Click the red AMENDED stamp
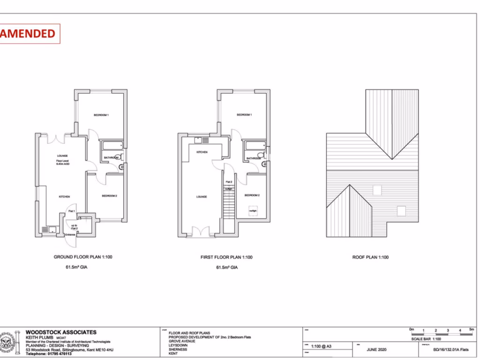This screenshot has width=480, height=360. coord(29,34)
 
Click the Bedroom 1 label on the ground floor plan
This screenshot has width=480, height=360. coord(101,115)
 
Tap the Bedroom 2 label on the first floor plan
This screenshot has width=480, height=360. coord(252,195)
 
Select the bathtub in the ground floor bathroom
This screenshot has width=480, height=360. coord(112,146)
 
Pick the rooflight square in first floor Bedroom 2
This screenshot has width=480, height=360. coord(253,211)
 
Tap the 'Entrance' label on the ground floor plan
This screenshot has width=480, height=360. coord(70,234)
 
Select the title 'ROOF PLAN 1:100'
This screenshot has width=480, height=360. coord(370,257)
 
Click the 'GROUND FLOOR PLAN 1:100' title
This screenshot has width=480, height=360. coord(83,257)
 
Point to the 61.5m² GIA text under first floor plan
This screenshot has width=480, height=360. coord(227,268)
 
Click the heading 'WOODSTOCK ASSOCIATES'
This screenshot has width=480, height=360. coord(61,332)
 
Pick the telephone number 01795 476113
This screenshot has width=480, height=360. coord(45,354)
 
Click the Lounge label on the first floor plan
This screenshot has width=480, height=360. coord(202,197)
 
